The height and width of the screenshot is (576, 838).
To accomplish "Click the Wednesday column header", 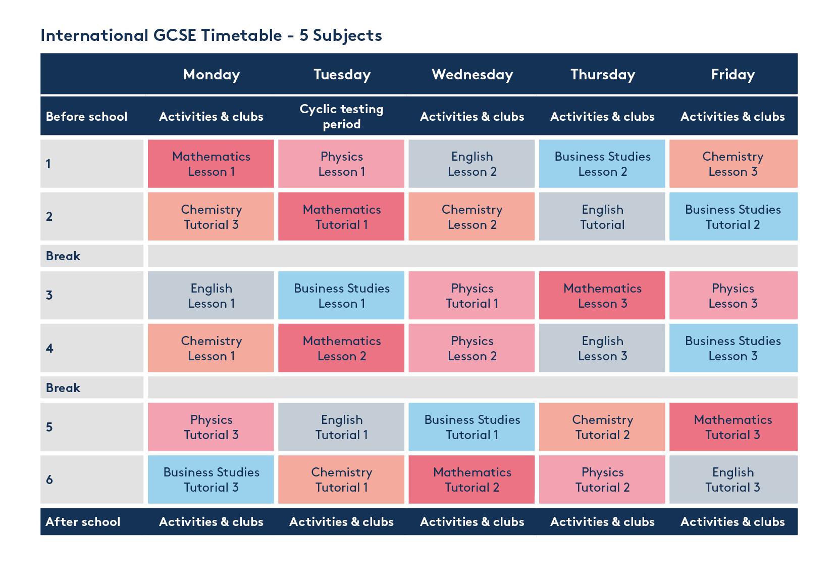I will (x=472, y=75).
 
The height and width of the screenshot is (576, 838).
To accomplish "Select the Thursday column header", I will (x=602, y=75).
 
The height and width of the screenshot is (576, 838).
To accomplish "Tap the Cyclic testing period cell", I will (x=341, y=116).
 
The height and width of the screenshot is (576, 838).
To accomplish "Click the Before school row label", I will (x=86, y=117).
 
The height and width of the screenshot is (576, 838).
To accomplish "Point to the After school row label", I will (x=83, y=522).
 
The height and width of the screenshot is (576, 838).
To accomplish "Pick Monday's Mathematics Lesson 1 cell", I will (x=211, y=164).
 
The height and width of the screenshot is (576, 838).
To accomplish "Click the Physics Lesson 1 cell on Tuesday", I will (x=341, y=164).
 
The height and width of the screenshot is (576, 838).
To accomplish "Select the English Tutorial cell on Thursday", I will (x=602, y=217).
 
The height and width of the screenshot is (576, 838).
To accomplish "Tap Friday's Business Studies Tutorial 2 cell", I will (x=733, y=217).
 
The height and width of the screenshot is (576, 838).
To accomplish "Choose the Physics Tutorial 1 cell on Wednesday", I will (x=472, y=296).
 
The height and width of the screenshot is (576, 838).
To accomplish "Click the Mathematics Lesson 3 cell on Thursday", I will (x=602, y=296).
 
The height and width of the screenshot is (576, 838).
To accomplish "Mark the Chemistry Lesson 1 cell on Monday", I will (x=211, y=348).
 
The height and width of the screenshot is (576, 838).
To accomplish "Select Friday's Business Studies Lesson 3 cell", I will (x=733, y=348).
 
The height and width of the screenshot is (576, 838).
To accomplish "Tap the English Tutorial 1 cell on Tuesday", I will (x=341, y=427).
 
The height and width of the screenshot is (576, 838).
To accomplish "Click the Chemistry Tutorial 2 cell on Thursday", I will (x=602, y=427).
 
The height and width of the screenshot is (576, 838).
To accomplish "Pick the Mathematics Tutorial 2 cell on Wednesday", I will (x=472, y=479).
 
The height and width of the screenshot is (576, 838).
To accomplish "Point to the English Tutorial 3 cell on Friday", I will (x=733, y=479).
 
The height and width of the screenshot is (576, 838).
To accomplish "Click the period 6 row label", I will (x=49, y=479).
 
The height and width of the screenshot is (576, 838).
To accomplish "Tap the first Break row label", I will (x=63, y=256).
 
